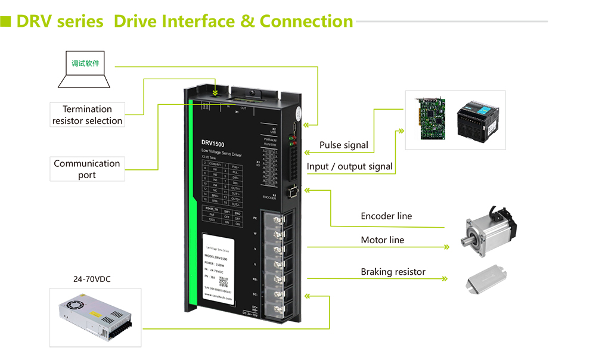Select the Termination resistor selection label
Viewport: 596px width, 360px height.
[x=87, y=114]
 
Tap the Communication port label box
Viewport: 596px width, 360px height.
[x=87, y=169]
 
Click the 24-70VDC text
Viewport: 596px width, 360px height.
[x=92, y=279]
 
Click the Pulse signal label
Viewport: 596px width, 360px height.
[x=343, y=145]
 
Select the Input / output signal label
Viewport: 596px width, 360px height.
[x=350, y=166]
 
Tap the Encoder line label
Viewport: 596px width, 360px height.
[x=386, y=216]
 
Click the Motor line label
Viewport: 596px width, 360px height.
[x=382, y=240]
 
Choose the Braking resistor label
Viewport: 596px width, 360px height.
[x=393, y=272]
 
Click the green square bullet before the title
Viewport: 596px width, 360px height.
[x=7, y=21]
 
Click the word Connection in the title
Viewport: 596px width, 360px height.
[x=306, y=21]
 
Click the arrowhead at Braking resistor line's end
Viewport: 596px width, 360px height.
[x=444, y=278]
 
